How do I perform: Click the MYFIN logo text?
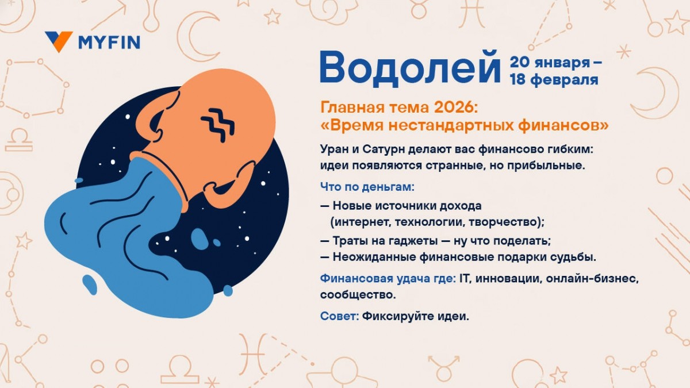tap(109, 42)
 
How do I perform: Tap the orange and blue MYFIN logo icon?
tap(59, 41)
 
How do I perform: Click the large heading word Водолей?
tap(410, 66)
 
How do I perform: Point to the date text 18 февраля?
tap(554, 80)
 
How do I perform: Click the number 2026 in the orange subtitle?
tap(452, 106)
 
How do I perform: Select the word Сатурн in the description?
tap(382, 149)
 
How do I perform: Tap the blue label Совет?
tap(339, 316)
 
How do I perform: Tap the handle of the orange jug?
tap(156, 118)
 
